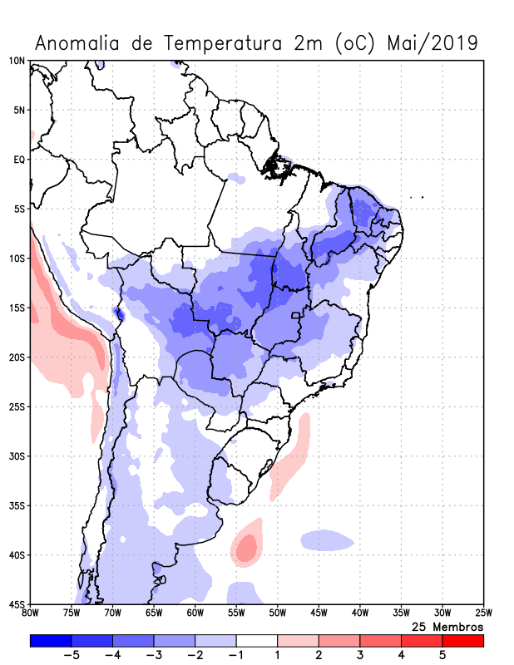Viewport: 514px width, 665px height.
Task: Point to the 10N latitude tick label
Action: click(17, 61)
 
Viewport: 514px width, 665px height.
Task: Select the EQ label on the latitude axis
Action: click(19, 160)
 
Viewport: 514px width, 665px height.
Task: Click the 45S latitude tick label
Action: click(17, 604)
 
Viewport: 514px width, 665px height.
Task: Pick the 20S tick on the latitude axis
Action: click(17, 357)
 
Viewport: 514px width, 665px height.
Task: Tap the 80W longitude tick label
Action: click(31, 613)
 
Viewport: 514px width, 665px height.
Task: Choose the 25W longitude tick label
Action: click(483, 613)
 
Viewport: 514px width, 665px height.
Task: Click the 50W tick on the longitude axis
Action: click(278, 613)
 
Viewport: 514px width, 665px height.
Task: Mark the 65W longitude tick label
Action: click(154, 613)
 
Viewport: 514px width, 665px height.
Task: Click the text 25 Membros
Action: click(447, 626)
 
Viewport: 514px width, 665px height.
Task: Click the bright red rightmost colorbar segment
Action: click(462, 640)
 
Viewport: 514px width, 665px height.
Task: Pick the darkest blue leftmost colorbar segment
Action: click(50, 640)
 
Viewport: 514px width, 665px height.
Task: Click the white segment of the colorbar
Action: click(256, 640)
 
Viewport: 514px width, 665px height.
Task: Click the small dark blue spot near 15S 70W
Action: click(118, 313)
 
